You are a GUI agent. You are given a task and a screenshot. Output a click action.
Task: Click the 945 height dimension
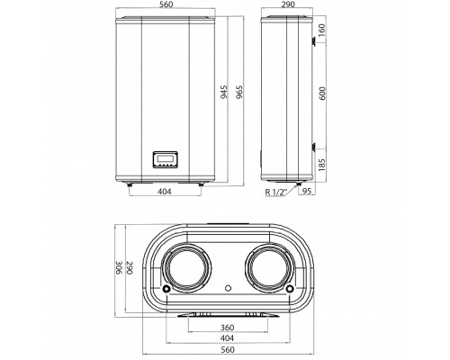point(224,92)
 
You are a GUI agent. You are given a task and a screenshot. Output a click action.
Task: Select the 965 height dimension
point(239,92)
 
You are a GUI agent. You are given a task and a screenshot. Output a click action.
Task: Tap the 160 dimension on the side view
point(321,30)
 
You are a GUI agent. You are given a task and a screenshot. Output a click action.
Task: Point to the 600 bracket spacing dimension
point(322,94)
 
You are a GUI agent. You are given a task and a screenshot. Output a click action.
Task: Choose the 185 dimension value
point(321,165)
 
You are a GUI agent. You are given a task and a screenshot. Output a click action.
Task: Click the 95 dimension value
point(307,191)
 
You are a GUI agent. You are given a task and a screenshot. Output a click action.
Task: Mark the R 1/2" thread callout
point(276,192)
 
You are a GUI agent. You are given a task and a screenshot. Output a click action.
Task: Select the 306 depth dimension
point(119,267)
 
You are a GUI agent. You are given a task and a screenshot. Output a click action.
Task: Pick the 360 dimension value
point(227,328)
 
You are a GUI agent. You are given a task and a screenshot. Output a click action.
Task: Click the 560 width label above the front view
point(166,4)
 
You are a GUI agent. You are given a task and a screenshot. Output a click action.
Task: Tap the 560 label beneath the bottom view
point(228,349)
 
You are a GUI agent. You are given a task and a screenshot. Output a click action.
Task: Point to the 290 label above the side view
point(288,4)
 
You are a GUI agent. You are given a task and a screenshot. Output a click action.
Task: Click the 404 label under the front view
point(165,191)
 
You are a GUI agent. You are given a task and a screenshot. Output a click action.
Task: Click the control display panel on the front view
point(166,159)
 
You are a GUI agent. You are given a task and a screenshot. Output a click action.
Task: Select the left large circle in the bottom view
point(187,267)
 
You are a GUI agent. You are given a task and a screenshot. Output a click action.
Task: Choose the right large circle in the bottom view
point(270,267)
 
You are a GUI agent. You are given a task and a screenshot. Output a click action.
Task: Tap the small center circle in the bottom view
point(229,288)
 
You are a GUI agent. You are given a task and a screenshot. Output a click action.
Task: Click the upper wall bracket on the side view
point(313,40)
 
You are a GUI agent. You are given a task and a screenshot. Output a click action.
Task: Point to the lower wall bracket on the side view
point(313,147)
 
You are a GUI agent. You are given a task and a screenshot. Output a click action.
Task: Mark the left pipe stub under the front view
point(130,184)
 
